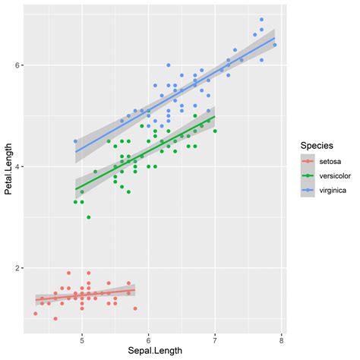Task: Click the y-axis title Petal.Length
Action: [9, 171]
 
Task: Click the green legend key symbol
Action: [309, 176]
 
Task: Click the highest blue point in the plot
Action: [261, 20]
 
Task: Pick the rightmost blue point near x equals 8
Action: [275, 45]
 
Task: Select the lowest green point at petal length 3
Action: [89, 217]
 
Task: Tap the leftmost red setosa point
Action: [36, 314]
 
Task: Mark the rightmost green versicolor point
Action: [215, 131]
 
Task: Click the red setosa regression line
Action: [84, 295]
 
